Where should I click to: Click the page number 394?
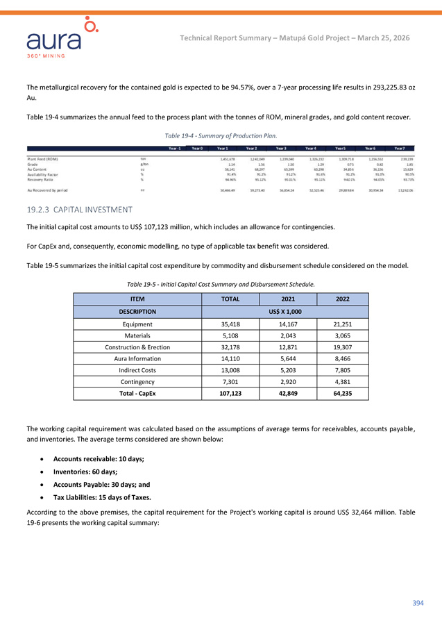pyautogui.click(x=417, y=602)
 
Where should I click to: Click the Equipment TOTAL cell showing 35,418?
pyautogui.click(x=230, y=323)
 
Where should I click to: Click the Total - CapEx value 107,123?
pyautogui.click(x=230, y=393)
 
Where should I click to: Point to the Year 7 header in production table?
pyautogui.click(x=400, y=147)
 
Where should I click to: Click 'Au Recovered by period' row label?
pyautogui.click(x=52, y=189)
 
